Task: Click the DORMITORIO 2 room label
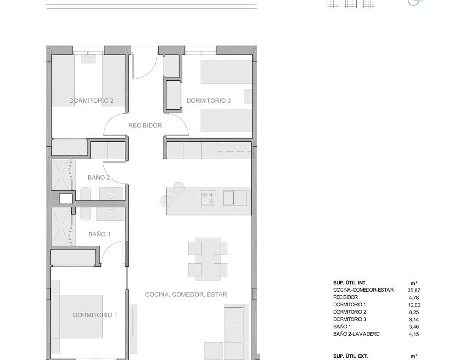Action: tap(91, 100)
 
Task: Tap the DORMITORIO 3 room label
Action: tap(208, 100)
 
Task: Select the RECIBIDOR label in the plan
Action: tap(145, 126)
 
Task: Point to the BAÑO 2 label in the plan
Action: tap(99, 177)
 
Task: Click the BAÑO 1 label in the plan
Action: tap(99, 234)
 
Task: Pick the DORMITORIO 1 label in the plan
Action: tap(95, 315)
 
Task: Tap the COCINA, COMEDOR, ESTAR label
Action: tap(186, 294)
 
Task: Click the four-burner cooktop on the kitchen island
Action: tap(208, 198)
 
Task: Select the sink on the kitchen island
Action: tap(235, 198)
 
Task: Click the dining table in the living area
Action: tap(207, 259)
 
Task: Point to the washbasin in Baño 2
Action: tap(111, 194)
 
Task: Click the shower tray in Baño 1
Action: tap(61, 227)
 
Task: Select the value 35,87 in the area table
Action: tap(414, 290)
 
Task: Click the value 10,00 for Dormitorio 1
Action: tap(414, 305)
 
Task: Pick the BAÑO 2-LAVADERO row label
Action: tap(356, 334)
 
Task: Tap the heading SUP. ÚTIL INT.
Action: tap(350, 283)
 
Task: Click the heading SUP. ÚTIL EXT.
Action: tap(351, 356)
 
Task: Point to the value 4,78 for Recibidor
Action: tap(414, 298)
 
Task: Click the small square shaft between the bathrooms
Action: tap(66, 199)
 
